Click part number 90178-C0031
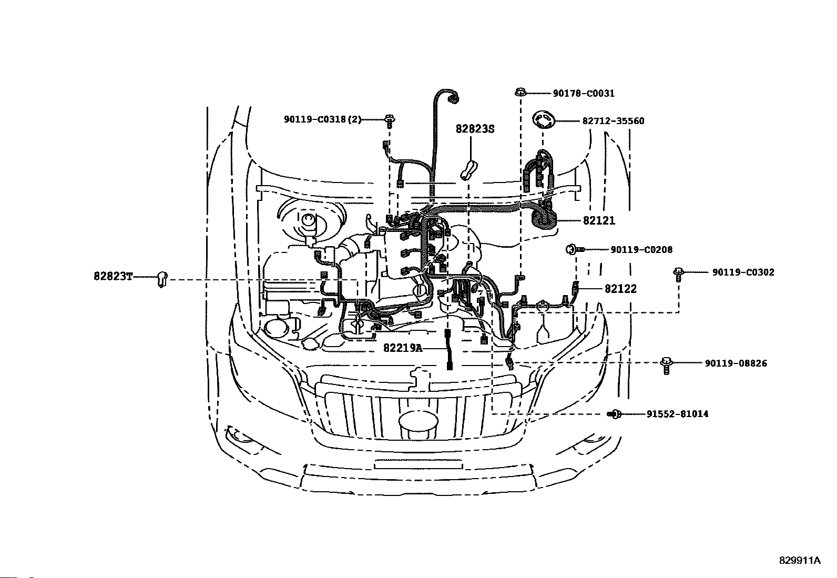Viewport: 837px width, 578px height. [583, 93]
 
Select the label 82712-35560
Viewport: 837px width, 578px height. [613, 121]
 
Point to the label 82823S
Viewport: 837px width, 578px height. [475, 129]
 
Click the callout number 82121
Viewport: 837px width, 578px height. [598, 221]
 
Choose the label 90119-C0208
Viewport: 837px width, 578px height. [641, 250]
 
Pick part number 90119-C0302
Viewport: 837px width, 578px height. [743, 272]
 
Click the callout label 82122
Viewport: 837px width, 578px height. [620, 289]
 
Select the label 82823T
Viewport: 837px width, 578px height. [113, 276]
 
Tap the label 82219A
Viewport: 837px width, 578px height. [403, 348]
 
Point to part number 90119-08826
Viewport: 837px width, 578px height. [736, 363]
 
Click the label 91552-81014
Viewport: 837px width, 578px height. [677, 414]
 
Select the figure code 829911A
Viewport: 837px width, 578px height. [799, 560]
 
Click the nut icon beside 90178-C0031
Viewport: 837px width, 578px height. [519, 93]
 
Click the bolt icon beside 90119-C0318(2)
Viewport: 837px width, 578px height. [389, 120]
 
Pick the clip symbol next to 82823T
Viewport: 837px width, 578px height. [163, 279]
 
